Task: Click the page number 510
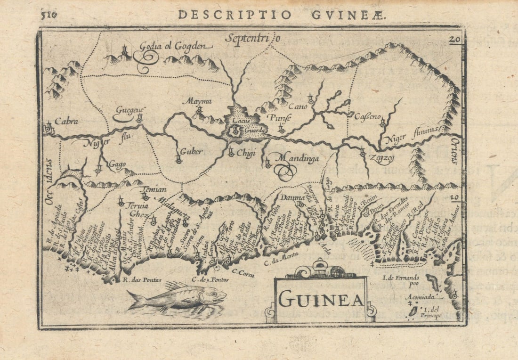pyautogui.click(x=49, y=14)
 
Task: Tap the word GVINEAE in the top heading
pyautogui.click(x=349, y=15)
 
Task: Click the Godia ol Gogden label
pyautogui.click(x=176, y=46)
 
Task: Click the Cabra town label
pyautogui.click(x=66, y=121)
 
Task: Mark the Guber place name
pyautogui.click(x=191, y=152)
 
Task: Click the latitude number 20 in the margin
pyautogui.click(x=454, y=40)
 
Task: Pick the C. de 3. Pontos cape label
pyautogui.click(x=210, y=279)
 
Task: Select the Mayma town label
pyautogui.click(x=197, y=101)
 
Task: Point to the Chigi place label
pyautogui.click(x=245, y=152)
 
